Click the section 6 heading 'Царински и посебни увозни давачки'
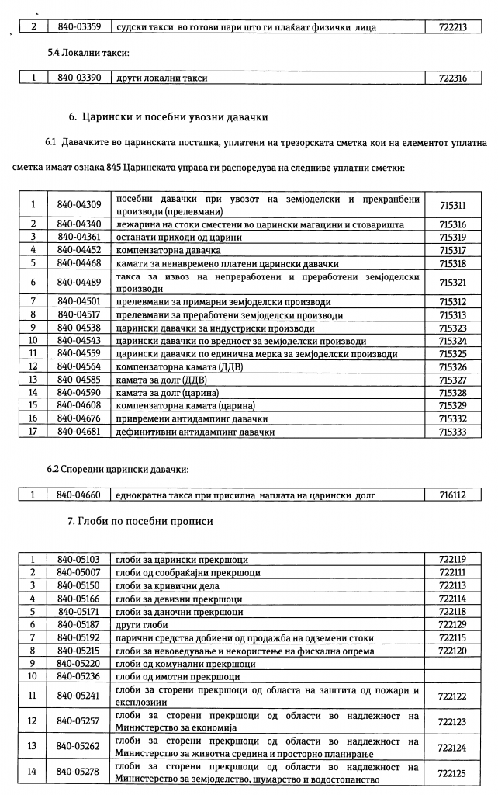coord(168,118)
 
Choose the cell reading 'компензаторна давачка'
coord(168,250)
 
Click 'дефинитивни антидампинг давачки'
coord(195,432)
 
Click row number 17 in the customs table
coord(34,432)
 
